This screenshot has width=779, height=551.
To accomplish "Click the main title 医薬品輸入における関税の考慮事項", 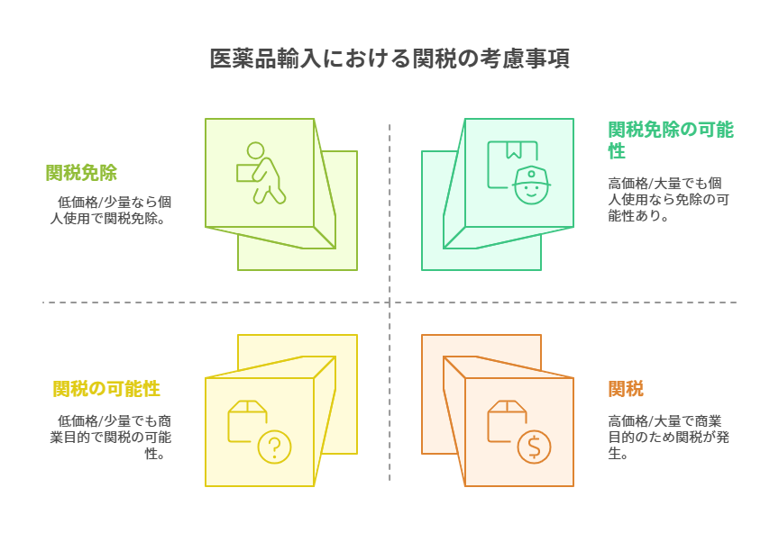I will tap(389, 59).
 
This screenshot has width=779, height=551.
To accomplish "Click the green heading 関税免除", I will tap(82, 173).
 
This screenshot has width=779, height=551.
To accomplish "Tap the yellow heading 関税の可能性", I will tap(106, 389).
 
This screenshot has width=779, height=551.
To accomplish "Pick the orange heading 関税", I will tap(626, 389).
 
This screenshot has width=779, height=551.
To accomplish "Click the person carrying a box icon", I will tap(261, 173).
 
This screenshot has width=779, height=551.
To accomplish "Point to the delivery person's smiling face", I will tap(531, 191).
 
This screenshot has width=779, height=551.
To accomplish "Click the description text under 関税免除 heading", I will tap(111, 210).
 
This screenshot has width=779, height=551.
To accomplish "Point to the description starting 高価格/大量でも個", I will tap(668, 199).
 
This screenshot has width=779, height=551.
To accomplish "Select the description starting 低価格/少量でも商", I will tap(111, 437).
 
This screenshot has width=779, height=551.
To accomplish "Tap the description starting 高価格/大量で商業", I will tap(668, 437).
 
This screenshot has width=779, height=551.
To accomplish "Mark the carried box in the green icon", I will tap(245, 173).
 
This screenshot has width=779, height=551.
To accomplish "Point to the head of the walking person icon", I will tap(256, 150).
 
